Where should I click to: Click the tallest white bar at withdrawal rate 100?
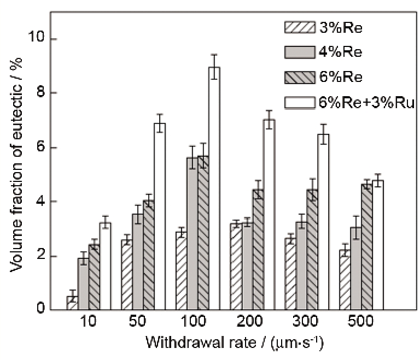tap(214, 188)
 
